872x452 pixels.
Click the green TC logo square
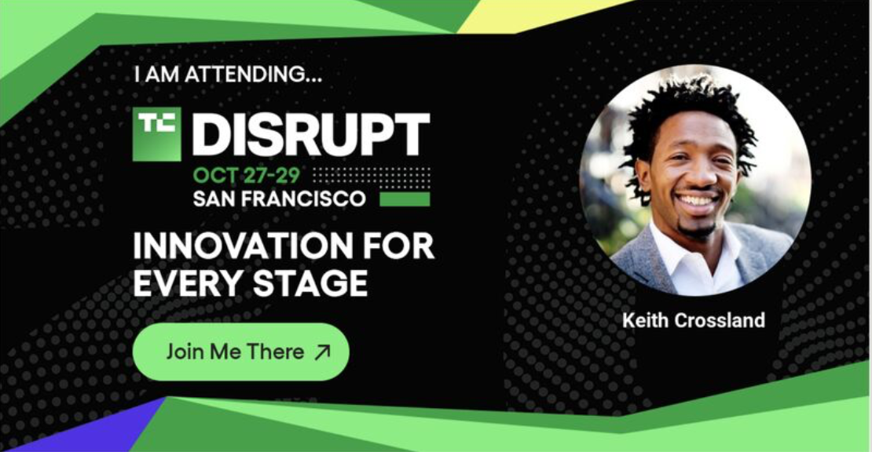pos(157,134)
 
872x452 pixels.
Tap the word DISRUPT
pos(311,134)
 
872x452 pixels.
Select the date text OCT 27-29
pos(247,176)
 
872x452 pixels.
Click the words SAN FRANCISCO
pos(279,199)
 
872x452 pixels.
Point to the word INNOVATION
pos(243,246)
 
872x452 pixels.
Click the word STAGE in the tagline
pos(310,282)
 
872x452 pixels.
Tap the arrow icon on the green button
pos(322,352)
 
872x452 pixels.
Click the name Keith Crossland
pos(694,320)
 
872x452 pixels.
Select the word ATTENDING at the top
pos(253,75)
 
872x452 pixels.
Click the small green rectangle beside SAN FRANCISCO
pos(405,199)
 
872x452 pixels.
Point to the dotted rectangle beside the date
pos(372,176)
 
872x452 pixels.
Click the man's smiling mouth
pos(697,200)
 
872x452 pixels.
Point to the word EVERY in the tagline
pos(189,282)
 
